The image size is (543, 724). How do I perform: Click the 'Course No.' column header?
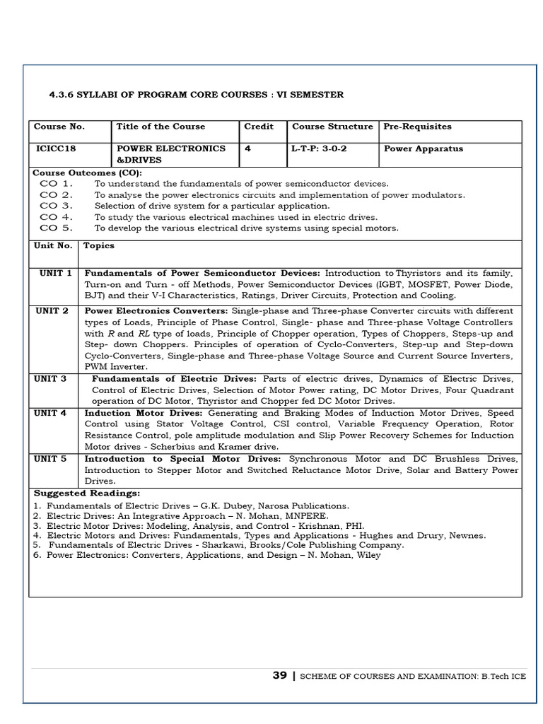[59, 127]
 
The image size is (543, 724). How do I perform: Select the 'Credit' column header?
[259, 127]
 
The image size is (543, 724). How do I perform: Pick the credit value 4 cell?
[247, 148]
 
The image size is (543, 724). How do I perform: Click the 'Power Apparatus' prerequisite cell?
[424, 148]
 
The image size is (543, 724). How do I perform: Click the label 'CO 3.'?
[57, 206]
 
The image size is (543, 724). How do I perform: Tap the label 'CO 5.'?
[57, 228]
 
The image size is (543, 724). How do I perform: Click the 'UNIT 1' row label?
[55, 273]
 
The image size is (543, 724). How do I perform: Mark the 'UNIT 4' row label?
[52, 413]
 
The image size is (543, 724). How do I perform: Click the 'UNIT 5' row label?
[52, 459]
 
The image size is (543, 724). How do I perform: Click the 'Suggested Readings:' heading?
[87, 493]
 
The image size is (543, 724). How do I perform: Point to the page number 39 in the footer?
[280, 675]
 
